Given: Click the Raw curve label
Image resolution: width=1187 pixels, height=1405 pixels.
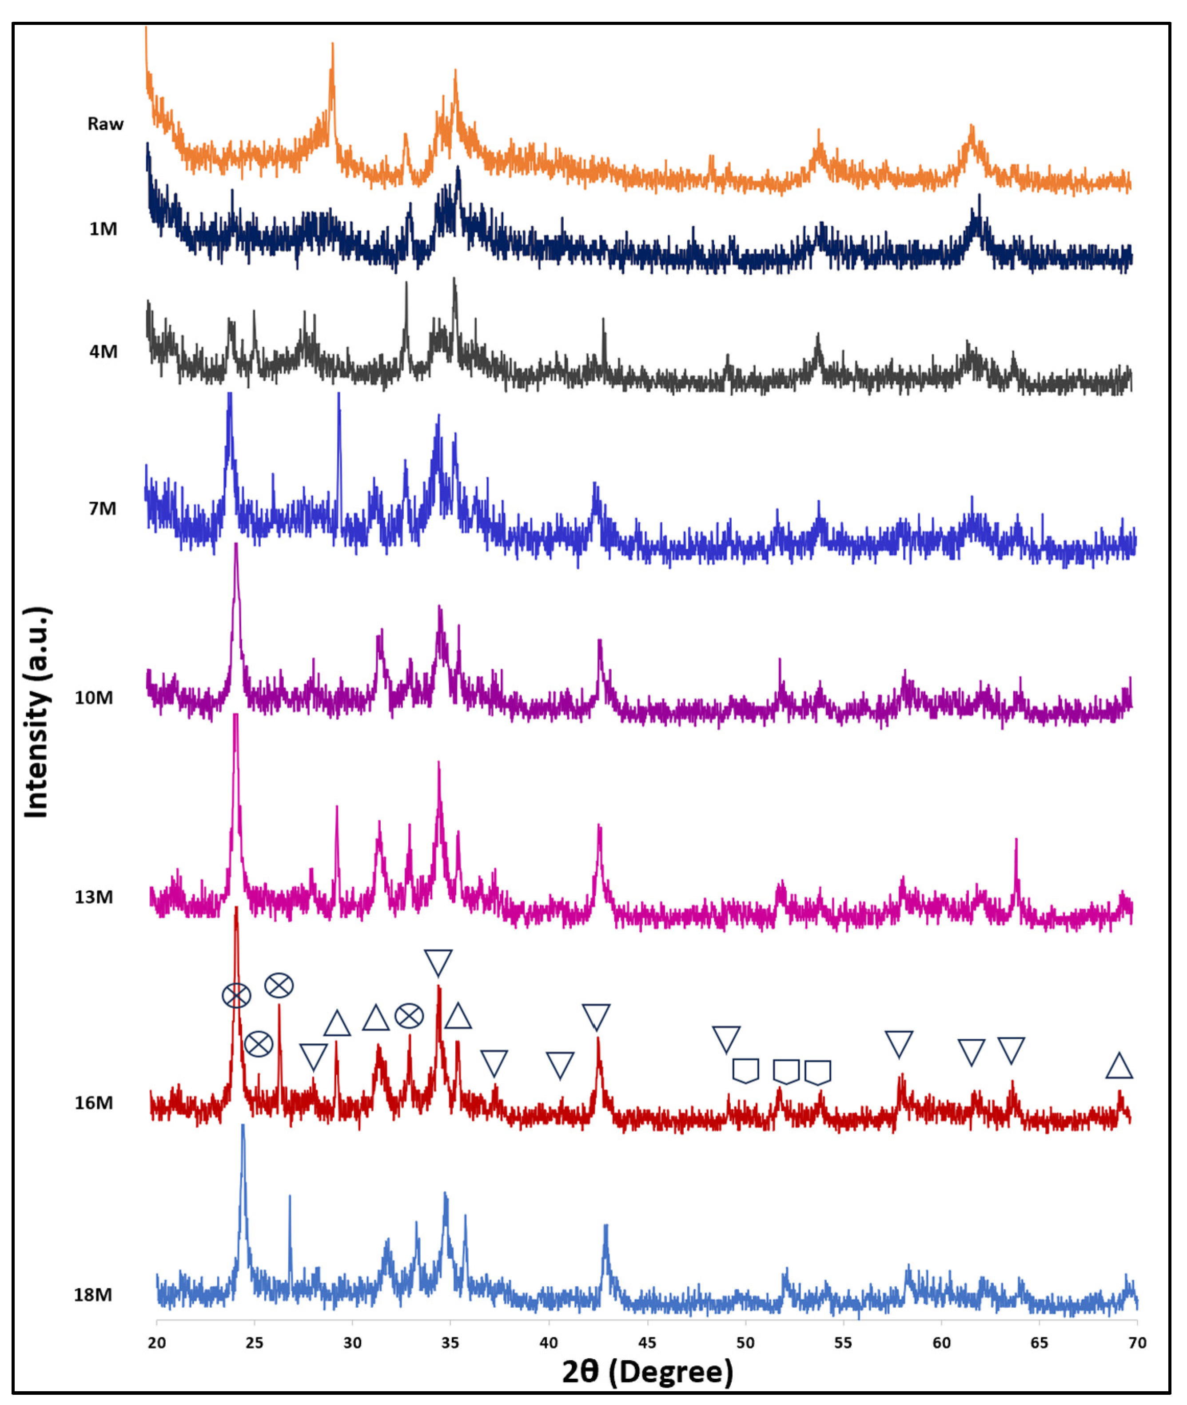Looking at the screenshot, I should (x=106, y=124).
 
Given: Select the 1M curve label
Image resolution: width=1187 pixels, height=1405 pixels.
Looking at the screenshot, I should (x=103, y=229).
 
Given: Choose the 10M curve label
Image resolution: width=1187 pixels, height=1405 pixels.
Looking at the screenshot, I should (x=94, y=698).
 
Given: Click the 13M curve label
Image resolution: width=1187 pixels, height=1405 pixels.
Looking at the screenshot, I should (x=94, y=897).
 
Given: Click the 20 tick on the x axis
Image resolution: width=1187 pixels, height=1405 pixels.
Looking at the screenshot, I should (x=157, y=1343).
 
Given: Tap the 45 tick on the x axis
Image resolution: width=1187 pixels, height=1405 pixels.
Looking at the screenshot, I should (x=647, y=1343).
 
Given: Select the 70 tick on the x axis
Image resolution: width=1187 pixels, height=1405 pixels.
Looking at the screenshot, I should (x=1137, y=1343).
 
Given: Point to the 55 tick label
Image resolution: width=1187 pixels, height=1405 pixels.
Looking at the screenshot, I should (x=843, y=1343).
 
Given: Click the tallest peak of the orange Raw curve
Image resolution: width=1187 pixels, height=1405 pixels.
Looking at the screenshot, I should (x=332, y=46).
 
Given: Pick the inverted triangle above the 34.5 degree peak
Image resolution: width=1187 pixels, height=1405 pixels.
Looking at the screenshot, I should (x=438, y=962).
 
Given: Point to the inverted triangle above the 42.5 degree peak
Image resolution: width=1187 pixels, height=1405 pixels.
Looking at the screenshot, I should (x=596, y=1017).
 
